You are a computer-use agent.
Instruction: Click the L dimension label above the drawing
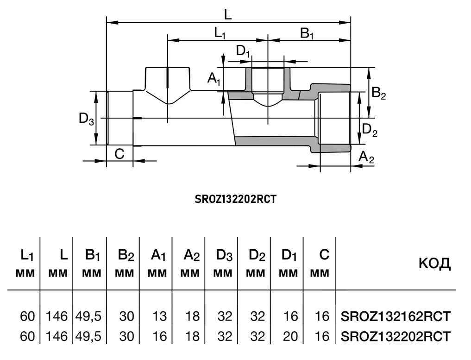(x=227, y=14)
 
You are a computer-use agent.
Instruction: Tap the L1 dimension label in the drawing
(x=220, y=33)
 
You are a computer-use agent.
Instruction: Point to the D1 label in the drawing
(x=243, y=51)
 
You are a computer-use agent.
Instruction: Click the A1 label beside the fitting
(x=214, y=79)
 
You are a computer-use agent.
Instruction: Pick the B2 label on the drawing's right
(x=378, y=94)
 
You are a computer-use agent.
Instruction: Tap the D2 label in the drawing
(x=369, y=130)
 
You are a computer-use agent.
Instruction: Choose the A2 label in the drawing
(x=367, y=157)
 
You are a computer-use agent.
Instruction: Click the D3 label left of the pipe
(x=87, y=119)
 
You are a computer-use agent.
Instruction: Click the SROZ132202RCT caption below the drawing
(x=236, y=200)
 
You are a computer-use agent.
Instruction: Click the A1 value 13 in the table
(x=159, y=316)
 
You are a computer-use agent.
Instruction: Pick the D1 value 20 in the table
(x=290, y=336)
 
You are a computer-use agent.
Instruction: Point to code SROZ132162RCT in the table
(x=395, y=316)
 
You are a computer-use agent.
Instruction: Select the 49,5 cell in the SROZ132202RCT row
(x=88, y=336)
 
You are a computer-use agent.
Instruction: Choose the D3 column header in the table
(x=224, y=255)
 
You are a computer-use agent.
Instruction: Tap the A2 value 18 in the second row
(x=191, y=336)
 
